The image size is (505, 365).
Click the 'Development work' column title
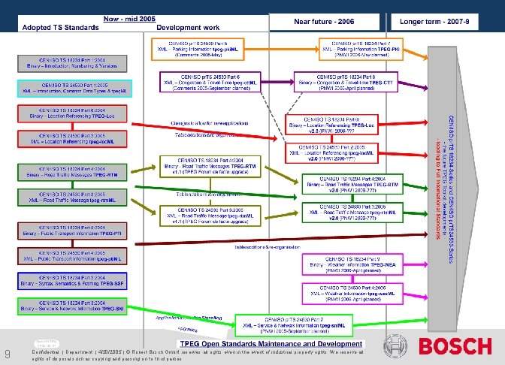pyautogui.click(x=189, y=27)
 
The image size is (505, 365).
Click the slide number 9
pyautogui.click(x=7, y=355)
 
